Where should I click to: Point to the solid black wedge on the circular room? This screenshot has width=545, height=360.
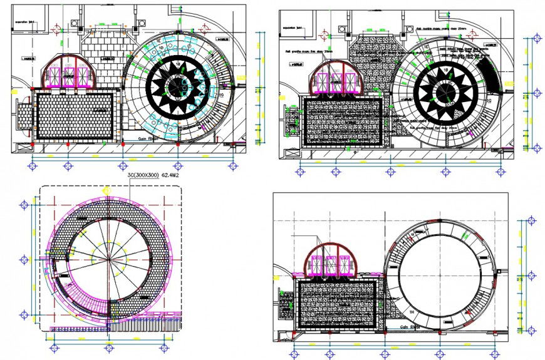point(488,75)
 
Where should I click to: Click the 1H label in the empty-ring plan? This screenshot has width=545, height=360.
point(412,311)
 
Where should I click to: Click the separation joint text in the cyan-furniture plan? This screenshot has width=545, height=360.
point(25,23)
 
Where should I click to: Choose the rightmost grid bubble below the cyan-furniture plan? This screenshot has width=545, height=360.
point(234,166)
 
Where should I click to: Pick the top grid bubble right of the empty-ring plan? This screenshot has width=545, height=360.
point(532,221)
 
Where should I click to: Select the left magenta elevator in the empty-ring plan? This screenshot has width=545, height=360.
point(314,266)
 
